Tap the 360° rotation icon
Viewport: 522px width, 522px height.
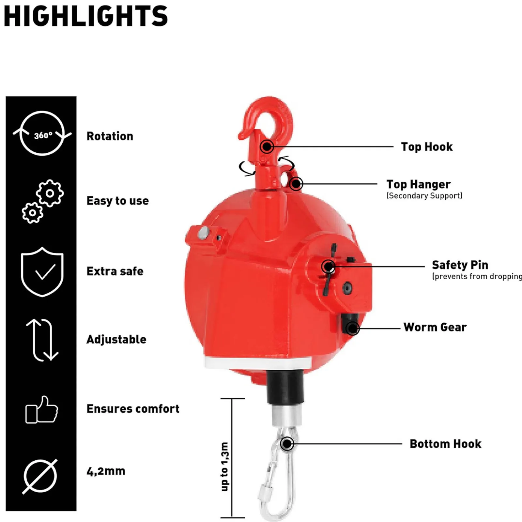(x=42, y=133)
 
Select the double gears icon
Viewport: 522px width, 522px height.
(x=42, y=201)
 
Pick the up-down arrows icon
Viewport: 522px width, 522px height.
(x=42, y=340)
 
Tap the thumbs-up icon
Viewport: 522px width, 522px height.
(x=42, y=410)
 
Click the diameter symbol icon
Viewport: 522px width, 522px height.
(x=40, y=476)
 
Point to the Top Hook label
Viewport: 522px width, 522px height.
(x=427, y=147)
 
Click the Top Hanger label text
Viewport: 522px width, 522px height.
(x=419, y=184)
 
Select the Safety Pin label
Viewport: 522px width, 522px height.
(x=460, y=265)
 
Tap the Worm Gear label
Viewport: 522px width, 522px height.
(x=435, y=327)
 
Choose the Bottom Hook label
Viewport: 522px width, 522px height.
(x=446, y=444)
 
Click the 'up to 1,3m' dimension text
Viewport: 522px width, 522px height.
(x=224, y=467)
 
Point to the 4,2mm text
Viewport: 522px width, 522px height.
(x=106, y=471)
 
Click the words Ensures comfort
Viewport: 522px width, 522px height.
(x=133, y=409)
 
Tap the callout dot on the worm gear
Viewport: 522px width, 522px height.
(x=352, y=328)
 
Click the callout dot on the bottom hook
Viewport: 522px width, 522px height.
(x=287, y=444)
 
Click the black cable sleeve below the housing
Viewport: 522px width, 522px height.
(x=285, y=388)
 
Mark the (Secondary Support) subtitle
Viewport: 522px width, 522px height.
(x=424, y=196)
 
